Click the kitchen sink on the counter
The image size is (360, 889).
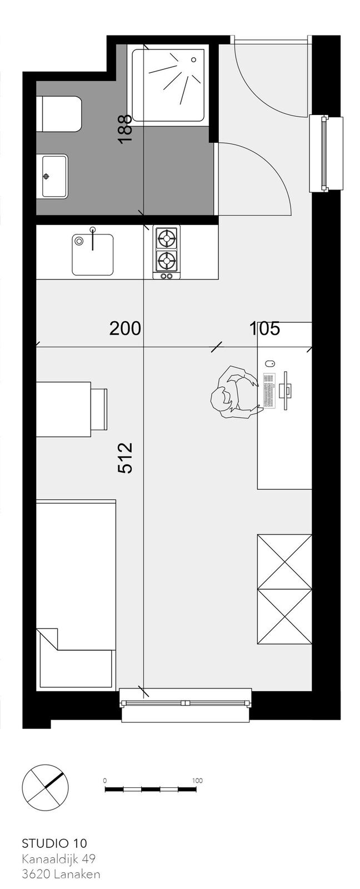92,254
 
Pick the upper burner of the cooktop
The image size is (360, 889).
167,238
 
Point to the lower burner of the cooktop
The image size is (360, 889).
167,261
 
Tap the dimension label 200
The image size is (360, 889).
125,329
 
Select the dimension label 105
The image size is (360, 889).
265,329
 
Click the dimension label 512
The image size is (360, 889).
124,458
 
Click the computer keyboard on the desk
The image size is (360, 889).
269,391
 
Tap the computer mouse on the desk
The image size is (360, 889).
269,363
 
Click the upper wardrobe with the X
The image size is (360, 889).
284,562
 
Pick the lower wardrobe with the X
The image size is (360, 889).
284,617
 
